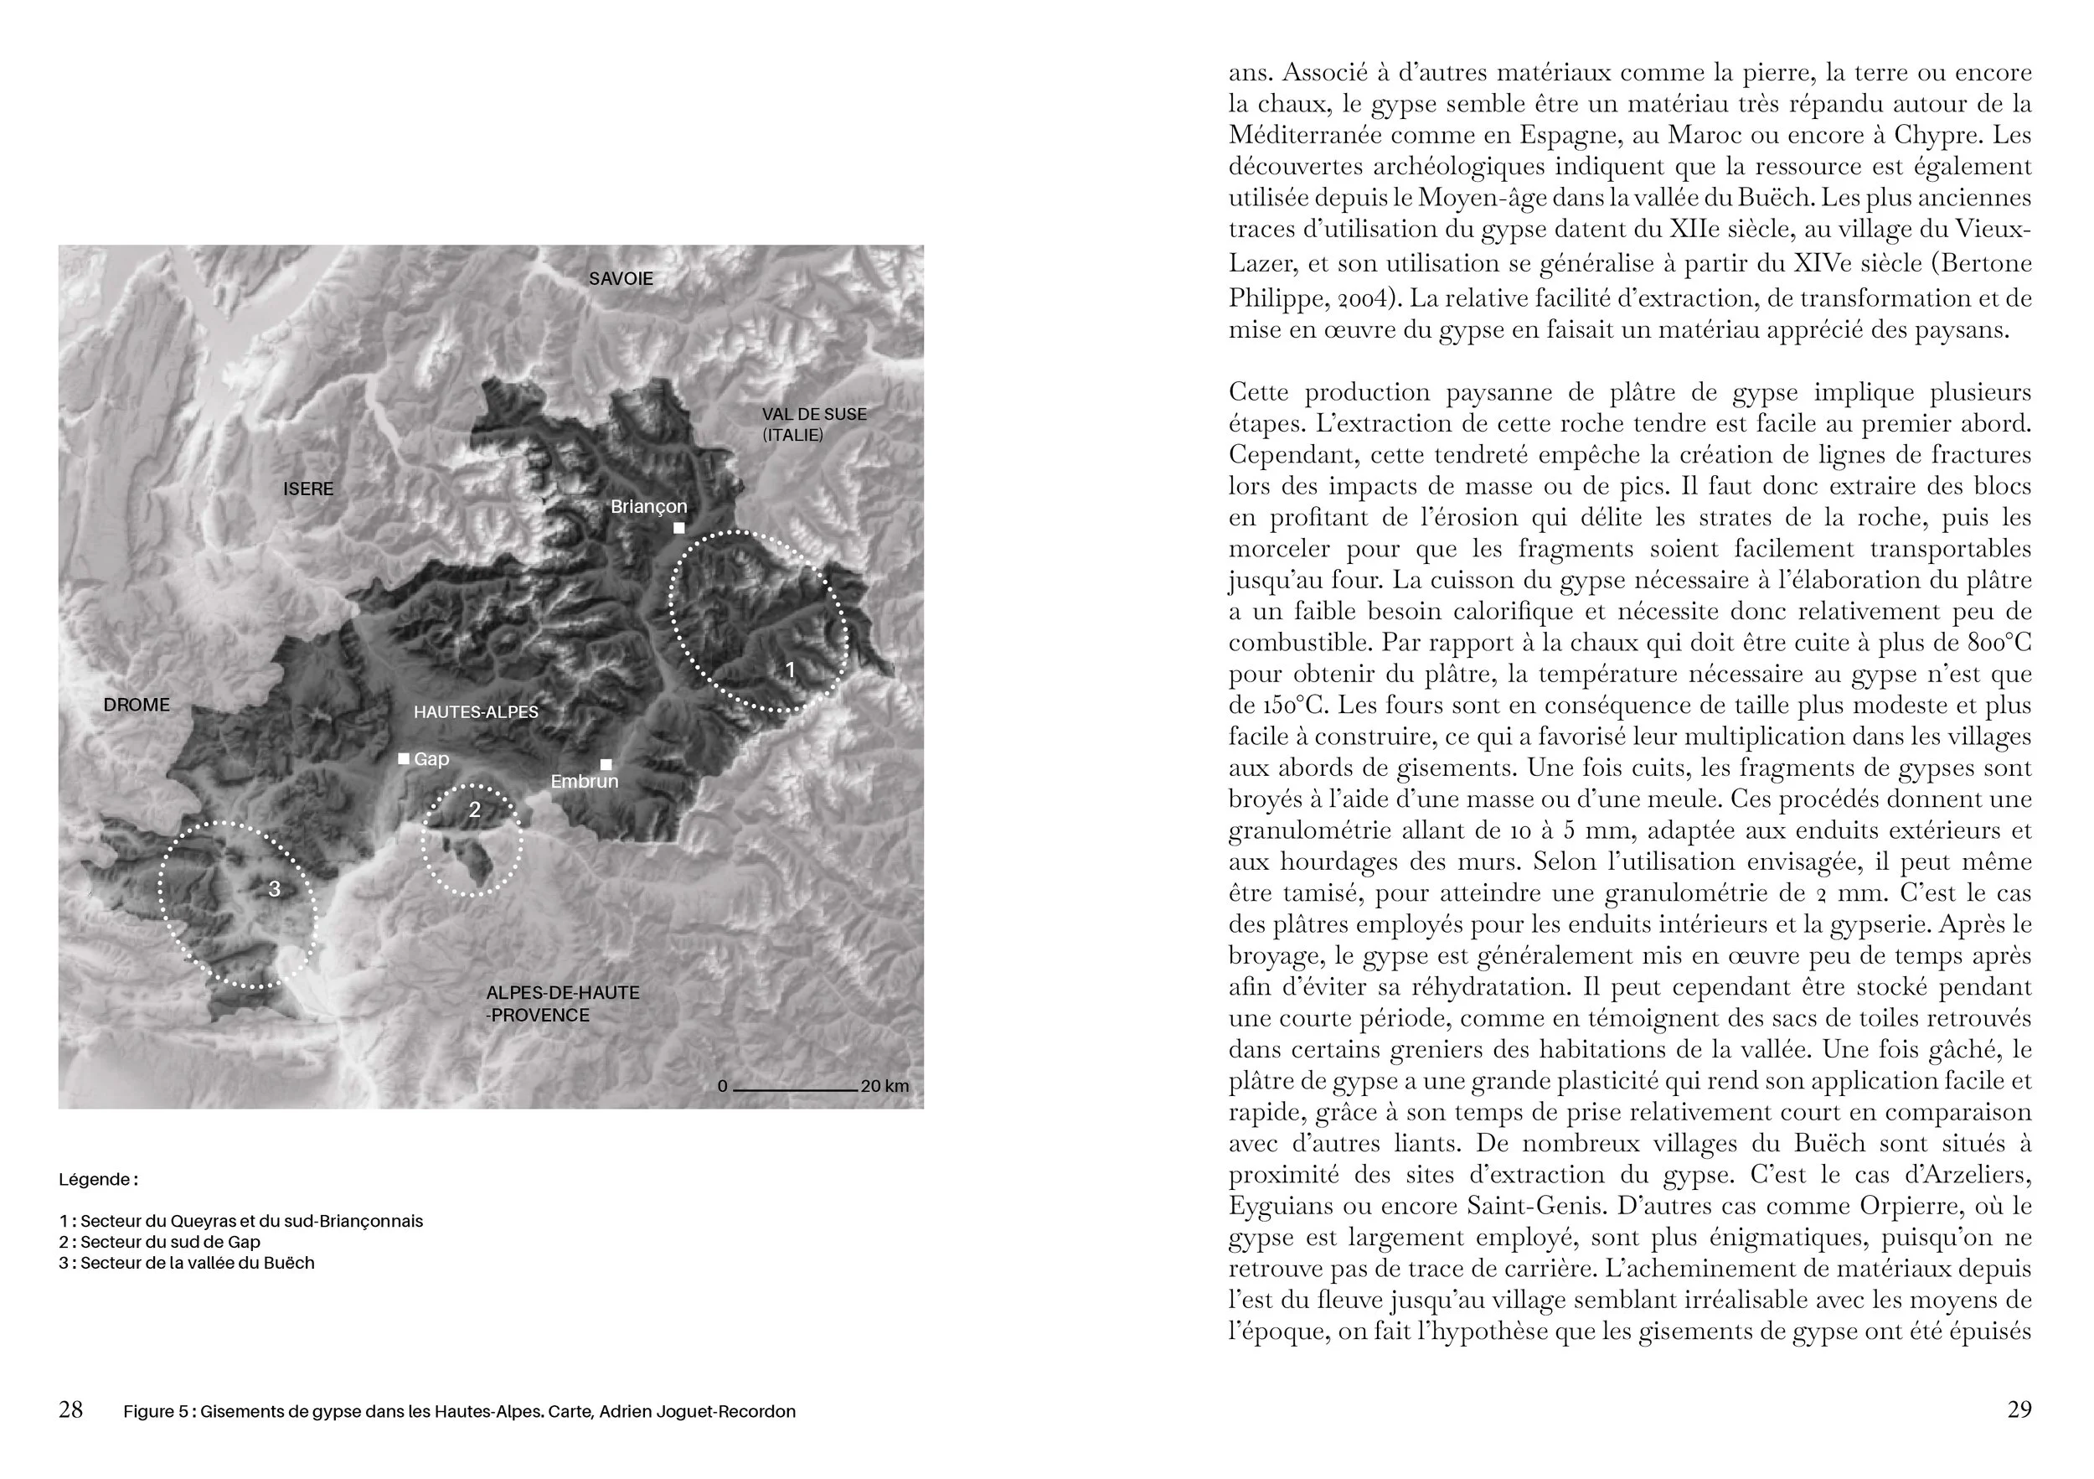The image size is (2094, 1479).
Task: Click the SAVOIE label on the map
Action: (620, 279)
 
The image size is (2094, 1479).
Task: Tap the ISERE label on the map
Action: (308, 489)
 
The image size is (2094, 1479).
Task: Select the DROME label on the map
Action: (137, 705)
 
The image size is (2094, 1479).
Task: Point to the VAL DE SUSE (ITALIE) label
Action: (813, 424)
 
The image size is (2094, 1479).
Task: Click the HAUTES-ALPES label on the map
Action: (475, 711)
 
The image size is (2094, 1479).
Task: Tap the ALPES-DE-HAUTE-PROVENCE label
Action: (562, 1004)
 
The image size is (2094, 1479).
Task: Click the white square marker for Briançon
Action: (678, 528)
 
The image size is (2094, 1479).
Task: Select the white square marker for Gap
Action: (404, 758)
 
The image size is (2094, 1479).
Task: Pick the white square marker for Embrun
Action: (606, 764)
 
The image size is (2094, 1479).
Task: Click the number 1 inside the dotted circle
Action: (791, 670)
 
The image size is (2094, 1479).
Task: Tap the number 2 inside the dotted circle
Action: (474, 809)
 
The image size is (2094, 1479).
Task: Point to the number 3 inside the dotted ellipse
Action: (275, 889)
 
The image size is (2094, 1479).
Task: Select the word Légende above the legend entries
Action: (96, 1179)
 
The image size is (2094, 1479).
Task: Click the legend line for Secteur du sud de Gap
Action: (160, 1242)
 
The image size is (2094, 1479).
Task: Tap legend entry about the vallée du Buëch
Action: (187, 1263)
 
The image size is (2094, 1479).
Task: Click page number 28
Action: (70, 1409)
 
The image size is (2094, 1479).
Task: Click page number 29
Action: (2019, 1409)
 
